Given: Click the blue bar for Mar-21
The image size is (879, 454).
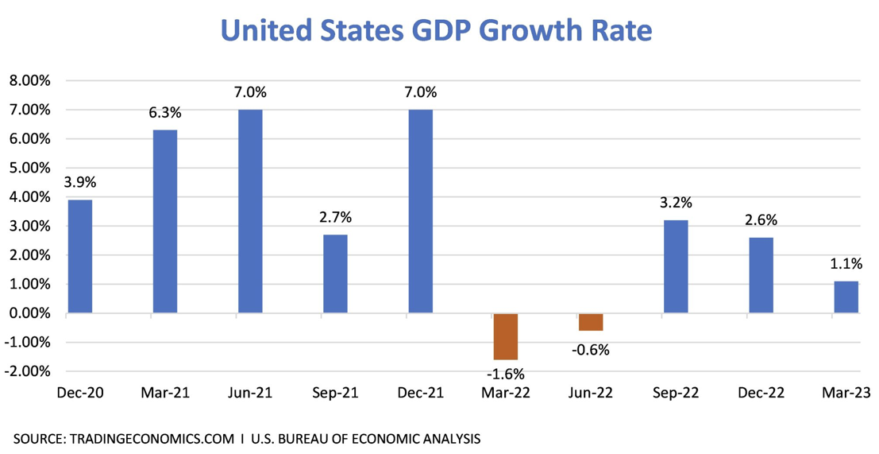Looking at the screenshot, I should [165, 221].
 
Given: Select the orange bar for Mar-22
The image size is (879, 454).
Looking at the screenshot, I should [505, 336].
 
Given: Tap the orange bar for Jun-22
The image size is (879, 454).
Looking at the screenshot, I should [591, 322].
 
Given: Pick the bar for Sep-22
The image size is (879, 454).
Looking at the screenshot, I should [676, 266].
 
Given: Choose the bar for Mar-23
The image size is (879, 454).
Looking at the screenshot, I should [846, 297].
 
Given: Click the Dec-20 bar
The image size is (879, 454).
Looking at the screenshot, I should [79, 256].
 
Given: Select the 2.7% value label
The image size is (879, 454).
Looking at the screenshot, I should [335, 218].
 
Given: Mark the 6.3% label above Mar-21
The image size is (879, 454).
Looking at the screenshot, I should [165, 114].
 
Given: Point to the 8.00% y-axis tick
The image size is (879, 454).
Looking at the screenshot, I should [29, 80].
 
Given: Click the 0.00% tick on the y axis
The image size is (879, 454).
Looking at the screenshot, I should [29, 313].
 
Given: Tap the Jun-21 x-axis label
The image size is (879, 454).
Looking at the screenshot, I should [250, 392].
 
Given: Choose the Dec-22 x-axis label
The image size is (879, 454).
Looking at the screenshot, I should [761, 392].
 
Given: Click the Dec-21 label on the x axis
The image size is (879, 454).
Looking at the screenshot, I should [420, 392].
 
